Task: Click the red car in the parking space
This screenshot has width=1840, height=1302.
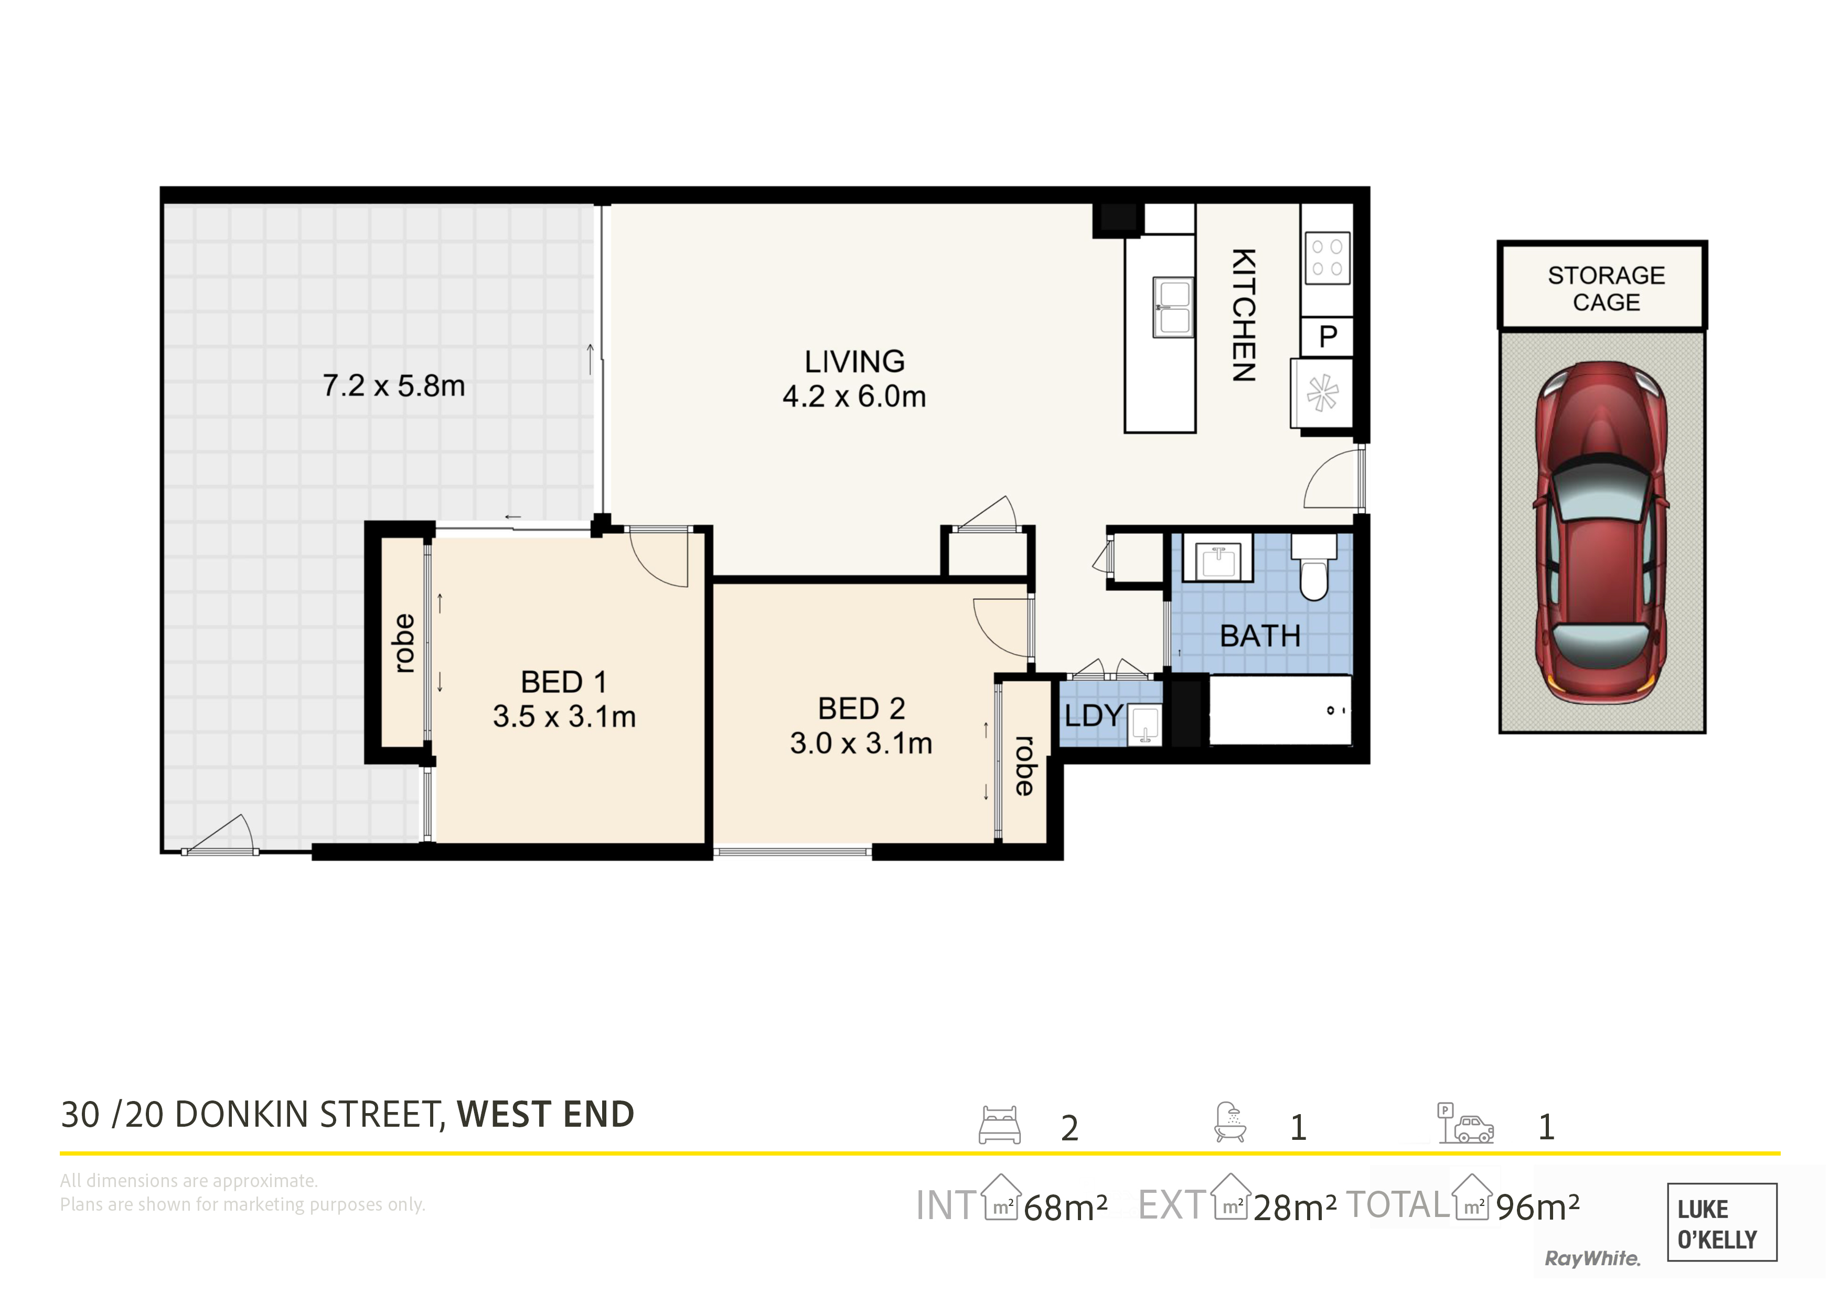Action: pyautogui.click(x=1601, y=532)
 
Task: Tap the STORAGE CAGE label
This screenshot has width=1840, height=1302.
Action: pyautogui.click(x=1606, y=289)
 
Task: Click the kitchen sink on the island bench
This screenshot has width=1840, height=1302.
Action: pyautogui.click(x=1173, y=306)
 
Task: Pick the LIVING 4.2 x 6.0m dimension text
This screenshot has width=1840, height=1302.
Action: pyautogui.click(x=854, y=379)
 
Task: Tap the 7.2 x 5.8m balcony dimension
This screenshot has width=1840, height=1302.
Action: pyautogui.click(x=393, y=386)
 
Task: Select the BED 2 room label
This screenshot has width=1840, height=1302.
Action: pyautogui.click(x=861, y=708)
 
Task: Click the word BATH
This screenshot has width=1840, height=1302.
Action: pyautogui.click(x=1260, y=636)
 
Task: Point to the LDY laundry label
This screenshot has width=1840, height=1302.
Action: pyautogui.click(x=1093, y=715)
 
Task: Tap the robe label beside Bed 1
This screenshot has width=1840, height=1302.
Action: pyautogui.click(x=404, y=643)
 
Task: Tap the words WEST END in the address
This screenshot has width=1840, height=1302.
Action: pyautogui.click(x=545, y=1115)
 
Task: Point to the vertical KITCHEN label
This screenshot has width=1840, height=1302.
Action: pyautogui.click(x=1243, y=315)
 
